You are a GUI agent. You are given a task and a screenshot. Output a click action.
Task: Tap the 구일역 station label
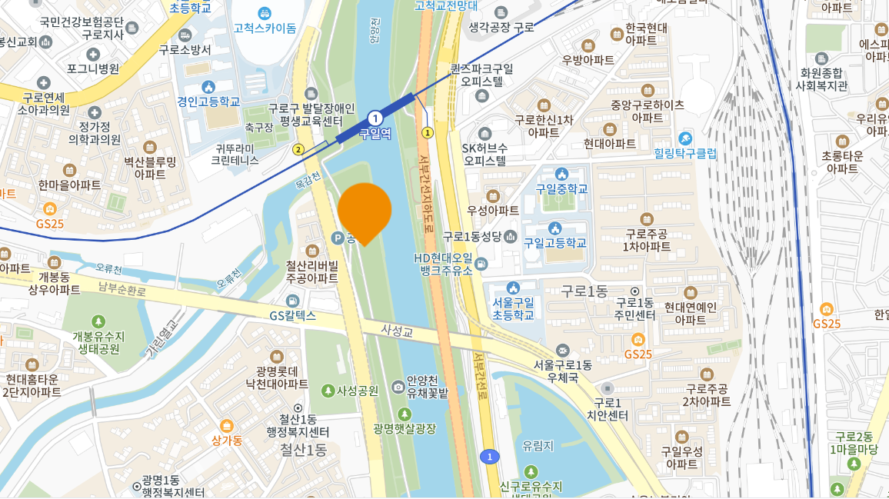coord(375,134)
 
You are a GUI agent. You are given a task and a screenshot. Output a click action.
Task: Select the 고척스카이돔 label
coord(265,28)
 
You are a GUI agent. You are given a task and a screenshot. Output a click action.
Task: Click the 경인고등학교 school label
coord(208,101)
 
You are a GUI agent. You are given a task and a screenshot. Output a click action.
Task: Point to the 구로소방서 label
coord(185,49)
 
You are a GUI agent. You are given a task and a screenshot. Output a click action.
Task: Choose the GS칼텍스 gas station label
coord(293,315)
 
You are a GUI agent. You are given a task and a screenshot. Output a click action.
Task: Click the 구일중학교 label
coord(561,188)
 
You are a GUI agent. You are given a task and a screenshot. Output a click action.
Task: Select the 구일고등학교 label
coord(555,242)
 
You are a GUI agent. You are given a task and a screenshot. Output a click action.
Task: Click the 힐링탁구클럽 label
coord(684,153)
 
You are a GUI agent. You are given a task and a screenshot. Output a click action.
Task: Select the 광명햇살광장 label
coord(405,427)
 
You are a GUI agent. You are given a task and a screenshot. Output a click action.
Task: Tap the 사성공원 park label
coord(358,391)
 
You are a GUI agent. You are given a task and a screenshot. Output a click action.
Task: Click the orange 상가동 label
coord(227,440)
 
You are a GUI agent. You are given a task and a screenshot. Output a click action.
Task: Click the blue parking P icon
coord(337,239)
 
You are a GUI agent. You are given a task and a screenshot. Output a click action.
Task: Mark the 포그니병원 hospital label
coord(93,68)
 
